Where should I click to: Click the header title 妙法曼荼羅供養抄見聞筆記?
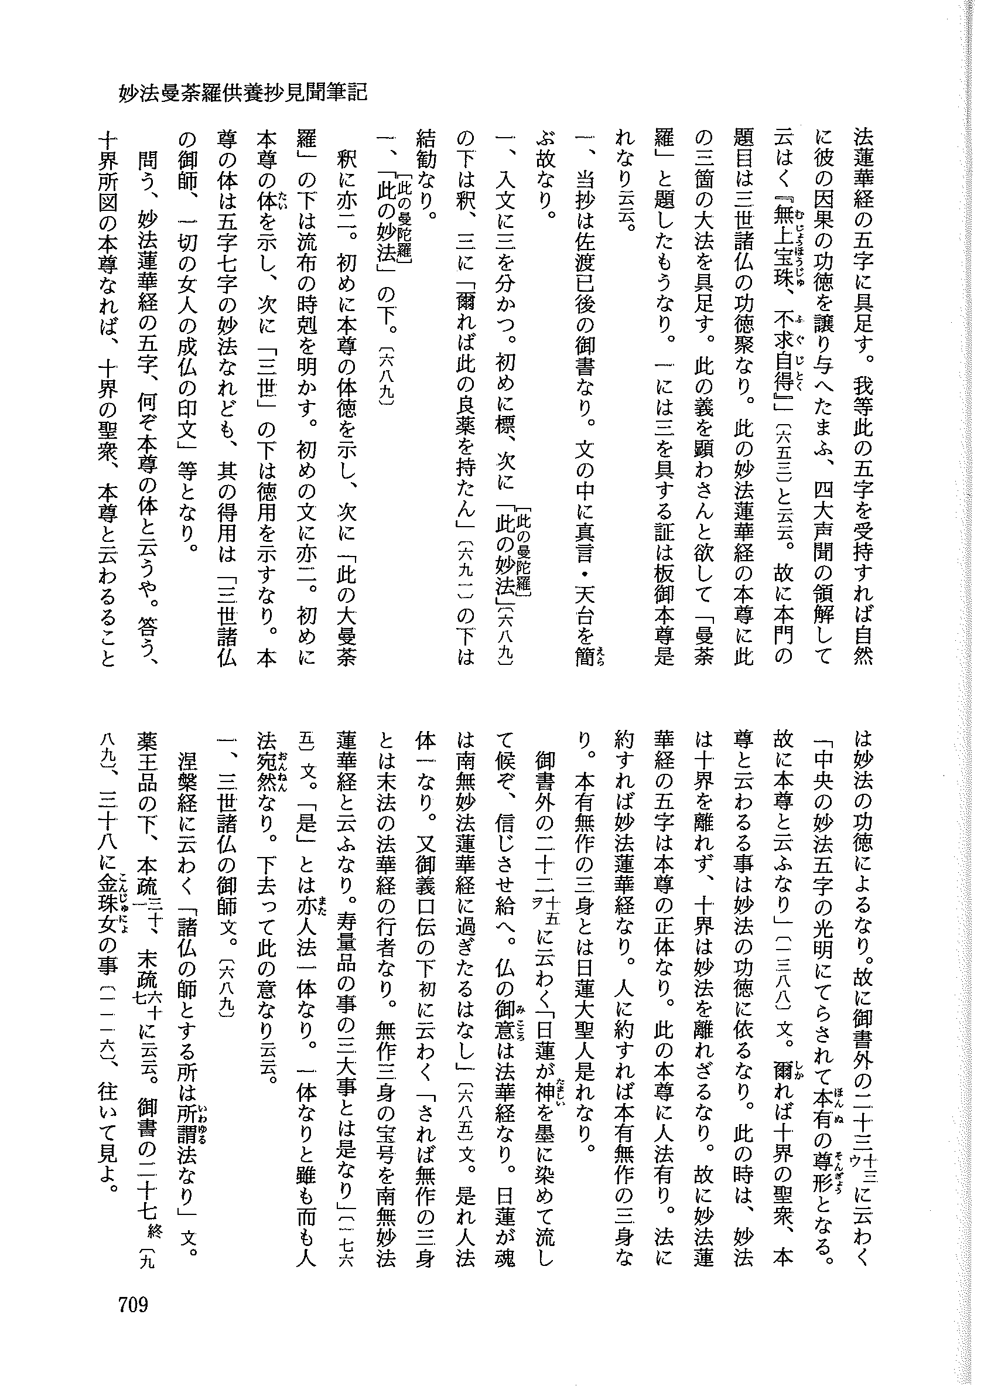243,93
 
